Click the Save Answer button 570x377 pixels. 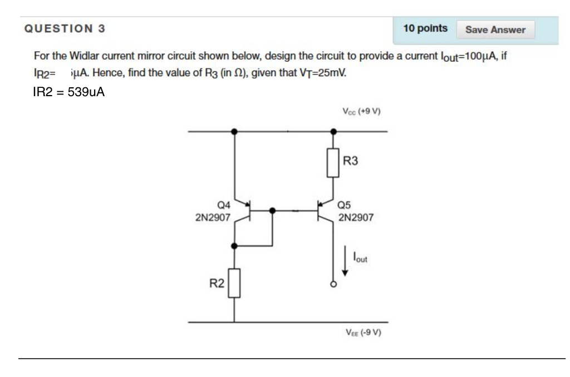495,30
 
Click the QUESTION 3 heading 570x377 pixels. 65,28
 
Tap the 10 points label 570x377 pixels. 425,28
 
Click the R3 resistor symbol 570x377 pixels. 333,162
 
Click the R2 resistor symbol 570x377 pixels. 234,283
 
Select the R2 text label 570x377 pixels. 217,284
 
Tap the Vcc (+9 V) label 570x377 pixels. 361,111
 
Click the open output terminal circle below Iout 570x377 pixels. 333,284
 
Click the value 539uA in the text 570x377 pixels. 86,92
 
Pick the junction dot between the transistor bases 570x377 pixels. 272,211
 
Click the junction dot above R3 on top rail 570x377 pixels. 333,132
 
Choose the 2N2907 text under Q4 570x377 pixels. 213,218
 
